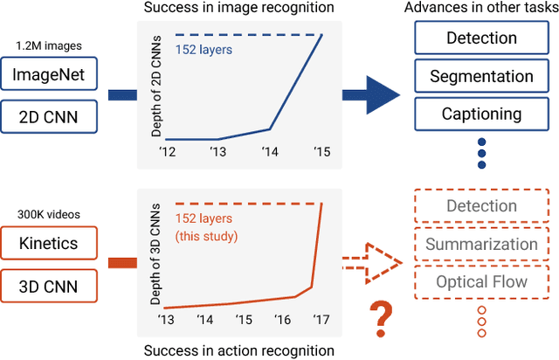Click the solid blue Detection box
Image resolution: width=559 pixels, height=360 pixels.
pos(481,39)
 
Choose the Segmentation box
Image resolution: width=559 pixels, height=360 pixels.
pos(481,77)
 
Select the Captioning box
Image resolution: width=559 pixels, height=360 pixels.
pos(481,114)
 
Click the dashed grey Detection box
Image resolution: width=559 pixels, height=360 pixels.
pos(481,206)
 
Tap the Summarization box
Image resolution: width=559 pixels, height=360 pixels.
pos(481,245)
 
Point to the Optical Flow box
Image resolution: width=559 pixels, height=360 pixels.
pos(481,281)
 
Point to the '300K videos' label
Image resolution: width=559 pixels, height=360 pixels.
pos(45,213)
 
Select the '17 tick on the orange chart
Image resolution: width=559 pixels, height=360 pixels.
pos(323,321)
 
